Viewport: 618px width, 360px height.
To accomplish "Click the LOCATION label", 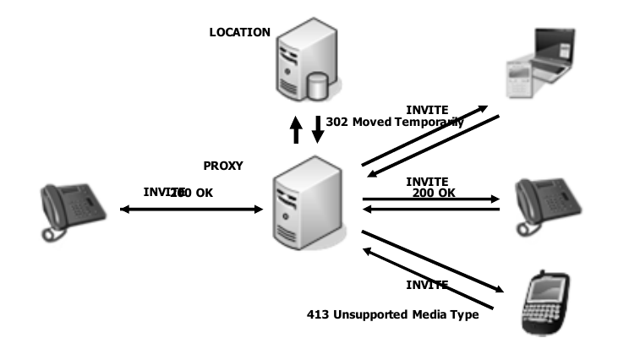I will pos(240,32).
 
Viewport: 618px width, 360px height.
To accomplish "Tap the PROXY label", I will pos(223,166).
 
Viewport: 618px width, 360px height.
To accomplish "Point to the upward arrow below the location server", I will pos(296,129).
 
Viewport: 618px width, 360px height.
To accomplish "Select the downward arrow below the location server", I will pos(319,129).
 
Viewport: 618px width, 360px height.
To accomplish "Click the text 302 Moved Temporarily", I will pos(395,122).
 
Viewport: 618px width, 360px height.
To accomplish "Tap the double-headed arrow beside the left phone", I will pos(192,208).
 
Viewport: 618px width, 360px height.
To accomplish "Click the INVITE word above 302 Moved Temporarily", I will pos(427,110).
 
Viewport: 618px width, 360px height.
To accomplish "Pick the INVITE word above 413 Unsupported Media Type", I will pos(427,284).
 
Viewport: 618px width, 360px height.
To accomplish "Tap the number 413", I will pos(316,315).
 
